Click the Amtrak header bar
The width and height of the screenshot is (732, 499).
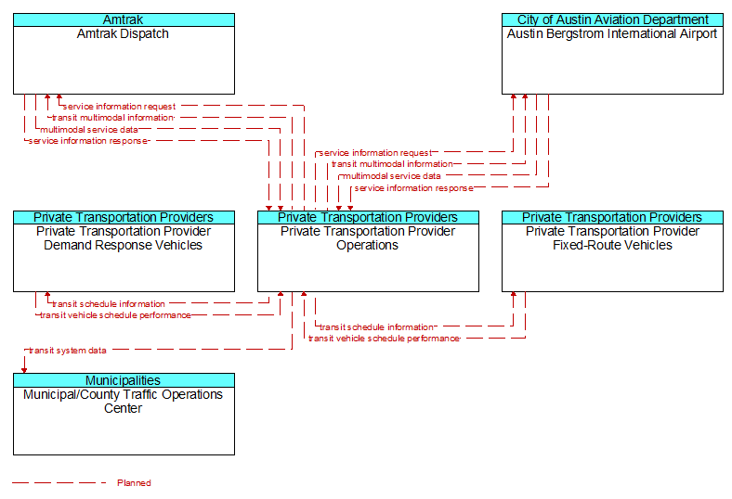pyautogui.click(x=124, y=20)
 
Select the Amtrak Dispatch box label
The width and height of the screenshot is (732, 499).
pyautogui.click(x=123, y=34)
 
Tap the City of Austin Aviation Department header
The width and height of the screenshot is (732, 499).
pyautogui.click(x=612, y=20)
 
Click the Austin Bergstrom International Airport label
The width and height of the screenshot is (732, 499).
pyautogui.click(x=612, y=34)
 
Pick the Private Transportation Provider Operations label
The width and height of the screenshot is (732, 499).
pyautogui.click(x=368, y=238)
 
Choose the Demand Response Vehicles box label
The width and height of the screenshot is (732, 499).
pyautogui.click(x=124, y=238)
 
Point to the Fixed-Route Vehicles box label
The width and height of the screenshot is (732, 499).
pyautogui.click(x=612, y=238)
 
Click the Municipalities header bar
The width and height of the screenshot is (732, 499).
pyautogui.click(x=124, y=380)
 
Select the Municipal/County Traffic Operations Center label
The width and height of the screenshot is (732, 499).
pyautogui.click(x=124, y=402)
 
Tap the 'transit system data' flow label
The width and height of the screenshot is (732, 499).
pyautogui.click(x=68, y=351)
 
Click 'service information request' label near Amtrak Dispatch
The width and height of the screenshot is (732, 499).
pyautogui.click(x=119, y=107)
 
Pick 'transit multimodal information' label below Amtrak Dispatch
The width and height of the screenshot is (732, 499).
pyautogui.click(x=112, y=118)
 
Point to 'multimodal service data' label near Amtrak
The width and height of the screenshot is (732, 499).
pyautogui.click(x=88, y=130)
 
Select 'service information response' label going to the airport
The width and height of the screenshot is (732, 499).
pyautogui.click(x=413, y=188)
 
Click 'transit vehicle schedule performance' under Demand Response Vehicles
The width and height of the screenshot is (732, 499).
pyautogui.click(x=115, y=315)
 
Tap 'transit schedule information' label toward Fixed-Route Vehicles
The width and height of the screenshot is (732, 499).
pyautogui.click(x=376, y=327)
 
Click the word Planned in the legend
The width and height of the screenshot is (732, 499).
pyautogui.click(x=134, y=483)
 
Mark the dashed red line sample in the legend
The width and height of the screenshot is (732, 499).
pyautogui.click(x=59, y=483)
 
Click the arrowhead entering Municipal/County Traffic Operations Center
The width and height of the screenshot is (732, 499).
pyautogui.click(x=24, y=370)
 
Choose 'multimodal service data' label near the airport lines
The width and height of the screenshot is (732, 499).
pyautogui.click(x=392, y=176)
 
